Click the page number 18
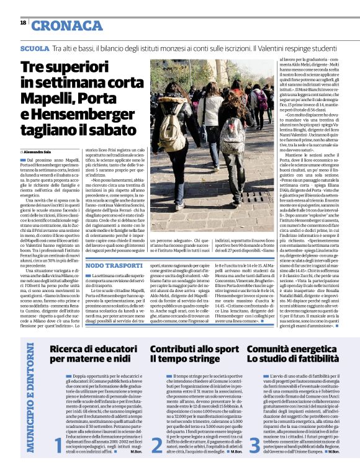pos(23,22)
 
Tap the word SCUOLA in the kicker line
pos(34,47)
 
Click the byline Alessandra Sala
pos(41,151)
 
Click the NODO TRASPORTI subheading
pos(112,265)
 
